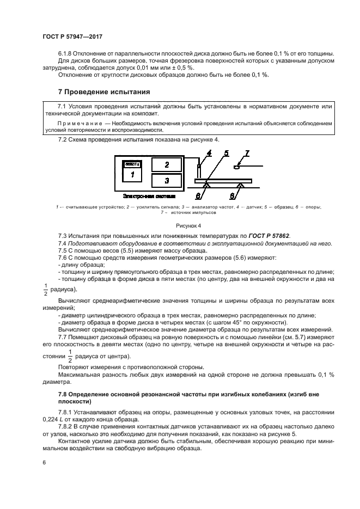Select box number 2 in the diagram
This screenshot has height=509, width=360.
tap(167, 164)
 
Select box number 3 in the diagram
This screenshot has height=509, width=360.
tap(167, 180)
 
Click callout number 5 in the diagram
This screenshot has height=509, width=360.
tap(225, 154)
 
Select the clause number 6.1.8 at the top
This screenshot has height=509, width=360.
tap(66, 52)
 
